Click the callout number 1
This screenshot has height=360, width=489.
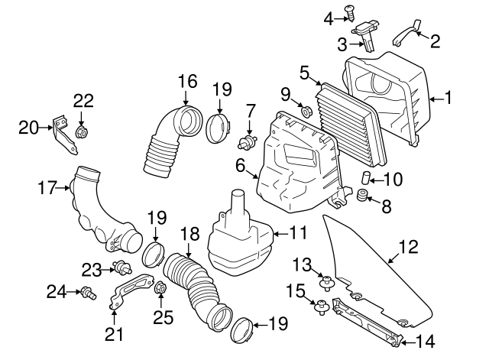click(x=449, y=98)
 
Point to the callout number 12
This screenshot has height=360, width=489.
click(x=410, y=247)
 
